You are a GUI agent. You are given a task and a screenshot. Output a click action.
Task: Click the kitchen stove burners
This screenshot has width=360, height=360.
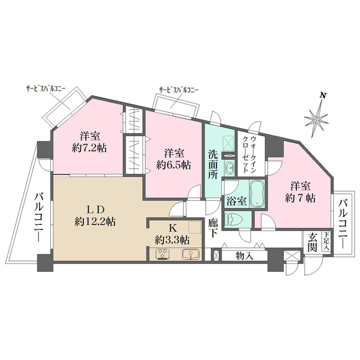coord(163,254)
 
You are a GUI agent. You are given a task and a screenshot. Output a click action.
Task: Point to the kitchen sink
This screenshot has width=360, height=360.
coord(191,254)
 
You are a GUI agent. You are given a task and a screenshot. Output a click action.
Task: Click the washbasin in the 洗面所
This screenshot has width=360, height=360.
coord(229,168)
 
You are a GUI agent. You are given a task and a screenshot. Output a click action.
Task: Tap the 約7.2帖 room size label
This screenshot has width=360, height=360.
coord(89,149)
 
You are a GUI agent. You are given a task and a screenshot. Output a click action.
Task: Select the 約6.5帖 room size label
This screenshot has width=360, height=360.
coord(173,165)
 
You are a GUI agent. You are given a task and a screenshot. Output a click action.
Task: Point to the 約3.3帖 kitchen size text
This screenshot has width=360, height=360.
coord(172,241)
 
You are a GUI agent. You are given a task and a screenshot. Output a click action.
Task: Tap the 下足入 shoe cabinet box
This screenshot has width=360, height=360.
coord(326,241)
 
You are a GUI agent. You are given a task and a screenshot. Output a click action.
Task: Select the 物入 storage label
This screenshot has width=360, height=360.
coord(244,256)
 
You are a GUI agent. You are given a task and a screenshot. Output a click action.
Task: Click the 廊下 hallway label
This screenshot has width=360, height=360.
coord(213,228)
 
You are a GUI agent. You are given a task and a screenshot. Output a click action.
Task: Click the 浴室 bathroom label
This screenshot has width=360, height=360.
coord(237,202)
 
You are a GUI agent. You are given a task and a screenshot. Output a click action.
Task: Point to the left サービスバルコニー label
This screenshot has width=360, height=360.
coord(46,89)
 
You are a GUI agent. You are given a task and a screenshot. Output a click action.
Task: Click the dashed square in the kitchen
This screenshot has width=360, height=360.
coord(195,227)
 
